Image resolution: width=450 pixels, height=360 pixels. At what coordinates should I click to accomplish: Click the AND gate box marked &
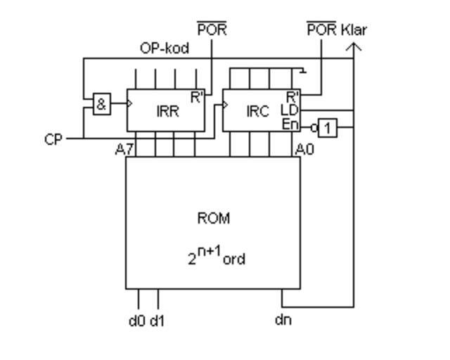[102, 105]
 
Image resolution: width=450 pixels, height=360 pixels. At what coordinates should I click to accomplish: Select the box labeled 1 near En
[327, 128]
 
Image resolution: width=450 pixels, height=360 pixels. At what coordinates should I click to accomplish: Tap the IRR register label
[168, 111]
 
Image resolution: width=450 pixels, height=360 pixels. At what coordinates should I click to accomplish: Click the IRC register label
[257, 111]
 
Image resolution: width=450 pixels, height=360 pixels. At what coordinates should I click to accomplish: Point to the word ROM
[214, 218]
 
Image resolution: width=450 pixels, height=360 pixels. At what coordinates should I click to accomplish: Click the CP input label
[53, 139]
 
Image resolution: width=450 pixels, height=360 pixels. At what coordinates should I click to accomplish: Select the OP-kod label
[165, 49]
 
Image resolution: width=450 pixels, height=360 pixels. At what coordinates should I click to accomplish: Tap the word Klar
[354, 30]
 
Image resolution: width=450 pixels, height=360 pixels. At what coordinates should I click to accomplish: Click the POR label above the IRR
[212, 30]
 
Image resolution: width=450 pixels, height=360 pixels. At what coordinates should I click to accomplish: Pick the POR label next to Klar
[321, 30]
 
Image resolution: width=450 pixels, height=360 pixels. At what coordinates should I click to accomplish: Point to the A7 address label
[124, 148]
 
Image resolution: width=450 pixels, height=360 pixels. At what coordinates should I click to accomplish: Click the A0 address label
[304, 149]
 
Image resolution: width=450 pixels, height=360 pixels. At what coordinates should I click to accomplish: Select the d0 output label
[136, 321]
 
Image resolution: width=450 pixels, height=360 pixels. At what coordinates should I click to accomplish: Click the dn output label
[283, 320]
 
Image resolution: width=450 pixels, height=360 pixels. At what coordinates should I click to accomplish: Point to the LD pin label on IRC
[290, 110]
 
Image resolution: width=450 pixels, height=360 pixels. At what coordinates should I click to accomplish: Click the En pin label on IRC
[290, 124]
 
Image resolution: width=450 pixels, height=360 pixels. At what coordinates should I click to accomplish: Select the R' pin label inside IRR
[197, 97]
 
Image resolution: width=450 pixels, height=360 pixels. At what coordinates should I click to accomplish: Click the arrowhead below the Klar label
[354, 46]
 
